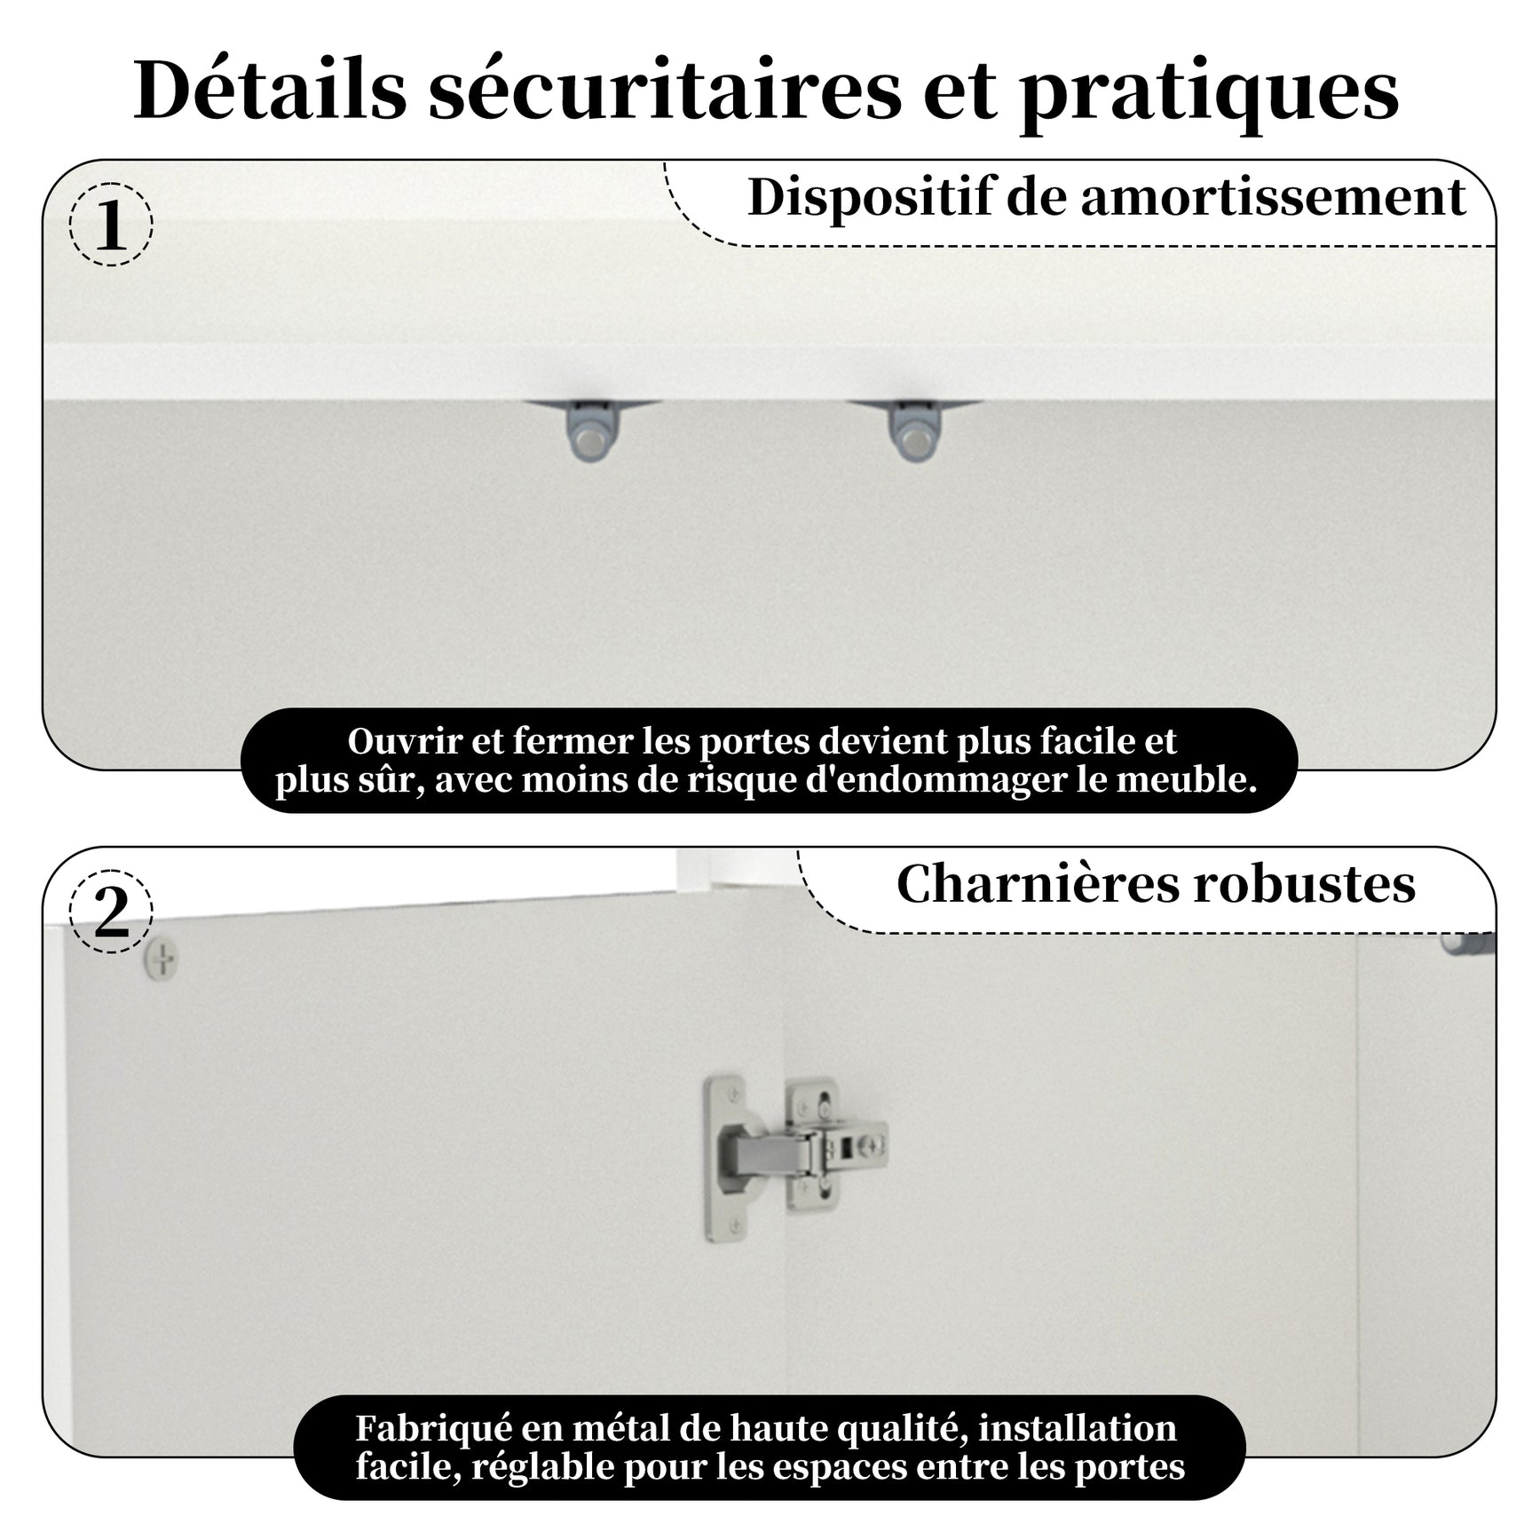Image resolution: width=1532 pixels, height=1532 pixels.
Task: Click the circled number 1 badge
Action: point(111,225)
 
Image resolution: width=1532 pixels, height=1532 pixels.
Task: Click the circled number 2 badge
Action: point(111,912)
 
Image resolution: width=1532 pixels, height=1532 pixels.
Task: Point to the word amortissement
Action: point(1273,198)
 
